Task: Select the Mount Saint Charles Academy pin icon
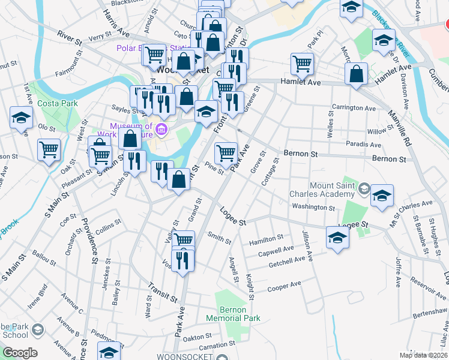click(363, 190)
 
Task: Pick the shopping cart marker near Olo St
click(49, 151)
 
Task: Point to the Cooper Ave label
click(283, 286)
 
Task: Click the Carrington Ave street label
click(355, 109)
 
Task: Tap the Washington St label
click(313, 208)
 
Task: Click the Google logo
click(20, 352)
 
